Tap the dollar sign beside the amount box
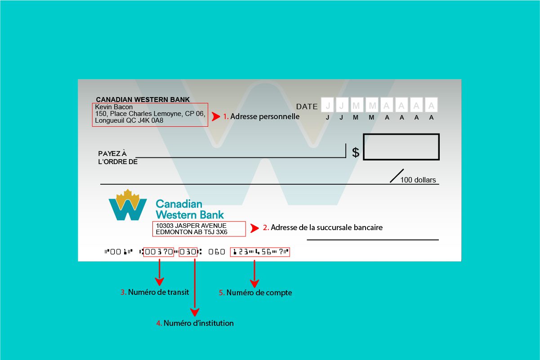coord(356,152)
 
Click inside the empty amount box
coord(401,147)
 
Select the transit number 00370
coord(159,252)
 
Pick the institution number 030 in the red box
coord(188,252)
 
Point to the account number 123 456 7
coord(260,252)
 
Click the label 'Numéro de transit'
coord(158,292)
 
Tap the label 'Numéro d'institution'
coord(198,323)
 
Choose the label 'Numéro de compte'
coord(259,293)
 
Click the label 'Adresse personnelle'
coord(264,116)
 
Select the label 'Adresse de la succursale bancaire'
coord(326,227)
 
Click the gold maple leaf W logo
coord(128,205)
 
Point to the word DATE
coord(307,107)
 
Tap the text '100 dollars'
coord(418,180)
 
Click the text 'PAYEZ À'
coord(112,154)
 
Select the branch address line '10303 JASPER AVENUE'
coord(191,226)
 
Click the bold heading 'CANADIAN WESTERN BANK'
coord(143,100)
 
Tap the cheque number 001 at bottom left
coord(116,252)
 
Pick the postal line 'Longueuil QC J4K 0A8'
coord(129,120)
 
